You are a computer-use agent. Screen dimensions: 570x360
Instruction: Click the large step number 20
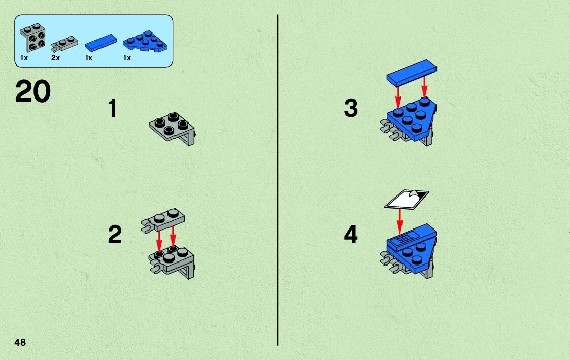point(32,91)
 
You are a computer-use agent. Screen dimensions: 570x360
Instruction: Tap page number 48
point(20,342)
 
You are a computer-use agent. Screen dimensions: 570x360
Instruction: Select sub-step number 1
point(113,108)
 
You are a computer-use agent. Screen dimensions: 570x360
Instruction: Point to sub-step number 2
point(115,235)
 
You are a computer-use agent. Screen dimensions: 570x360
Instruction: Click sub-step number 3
point(351,108)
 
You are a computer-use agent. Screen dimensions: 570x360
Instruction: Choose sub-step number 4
point(351,235)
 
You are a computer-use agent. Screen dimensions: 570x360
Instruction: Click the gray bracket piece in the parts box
point(32,38)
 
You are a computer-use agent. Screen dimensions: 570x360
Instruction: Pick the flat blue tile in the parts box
point(100,43)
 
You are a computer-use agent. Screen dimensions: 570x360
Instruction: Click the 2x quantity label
point(55,58)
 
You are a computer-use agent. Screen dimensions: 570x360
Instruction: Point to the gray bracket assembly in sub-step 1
point(172,128)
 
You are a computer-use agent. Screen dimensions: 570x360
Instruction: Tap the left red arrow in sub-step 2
point(159,242)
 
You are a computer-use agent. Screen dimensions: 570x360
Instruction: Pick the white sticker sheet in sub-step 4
point(407,199)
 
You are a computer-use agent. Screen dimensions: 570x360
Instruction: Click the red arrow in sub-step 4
point(400,221)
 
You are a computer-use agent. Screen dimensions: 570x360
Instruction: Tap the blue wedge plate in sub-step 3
point(413,119)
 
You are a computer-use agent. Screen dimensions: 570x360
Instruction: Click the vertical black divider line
point(278,180)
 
